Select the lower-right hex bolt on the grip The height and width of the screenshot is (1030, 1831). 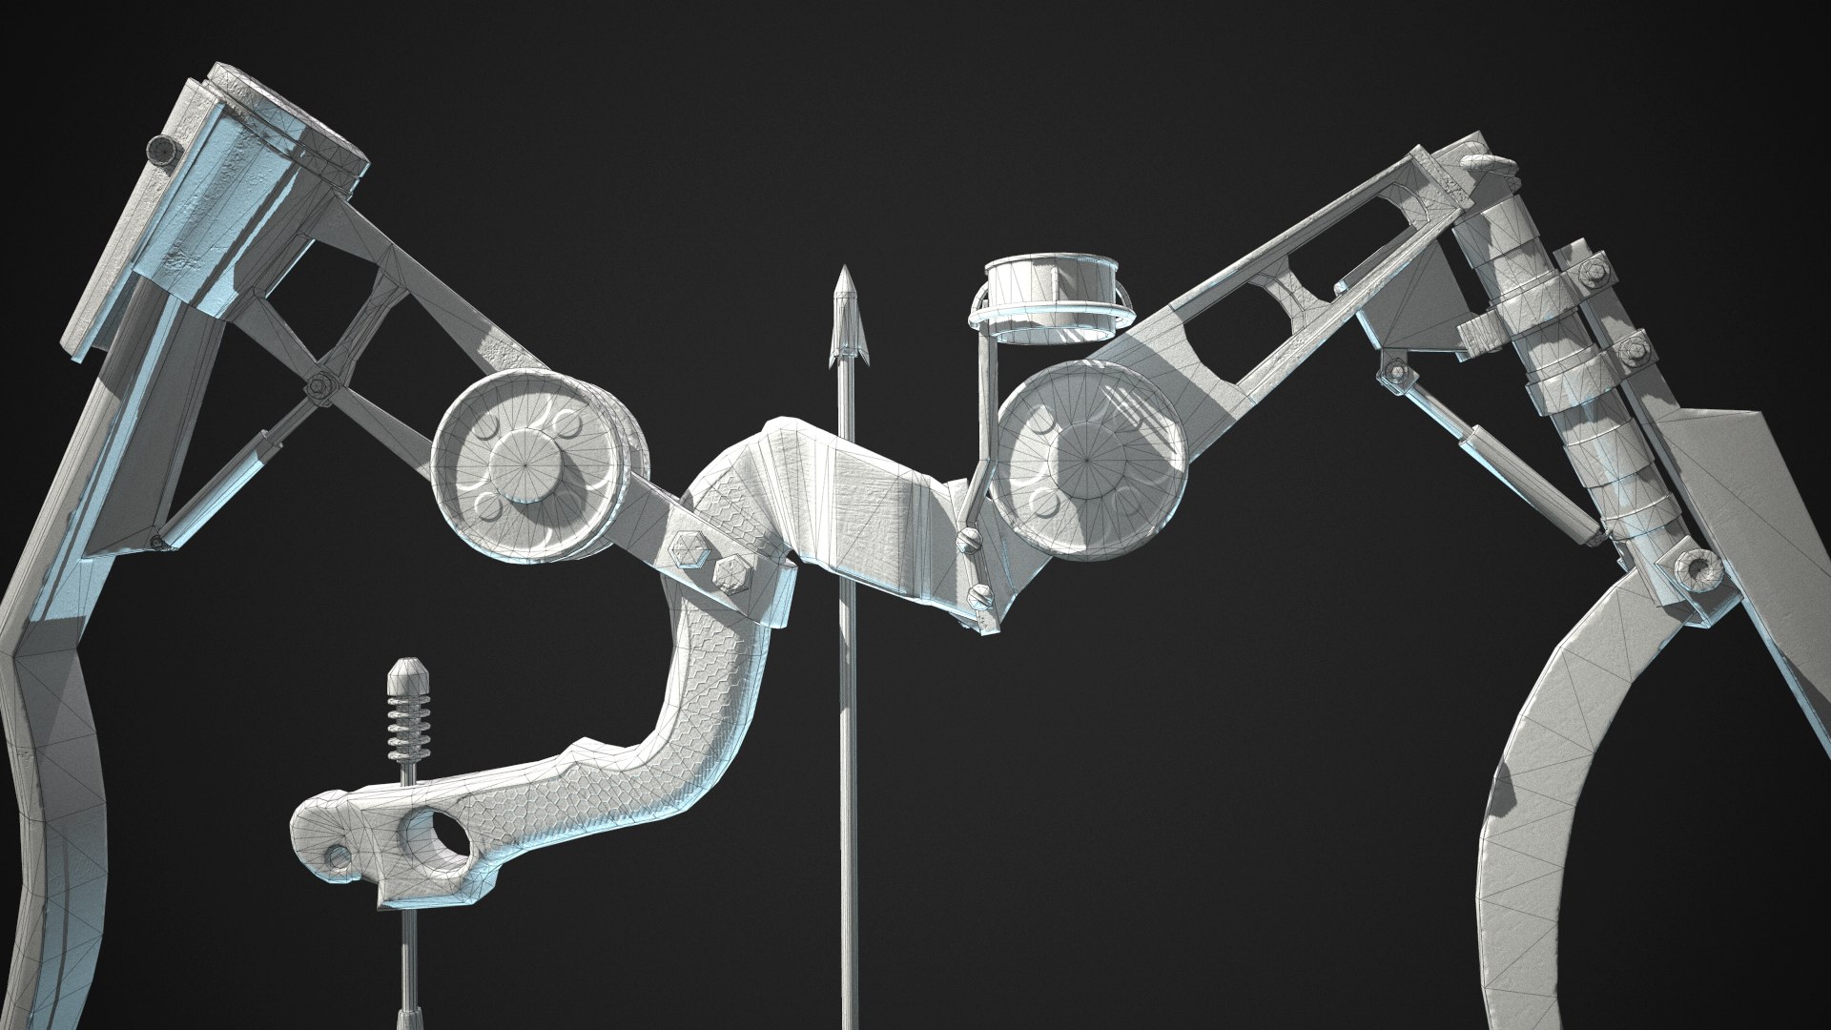pos(730,575)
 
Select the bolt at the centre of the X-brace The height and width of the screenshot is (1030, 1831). pos(319,385)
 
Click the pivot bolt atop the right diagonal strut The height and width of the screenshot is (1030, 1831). pos(1397,371)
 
